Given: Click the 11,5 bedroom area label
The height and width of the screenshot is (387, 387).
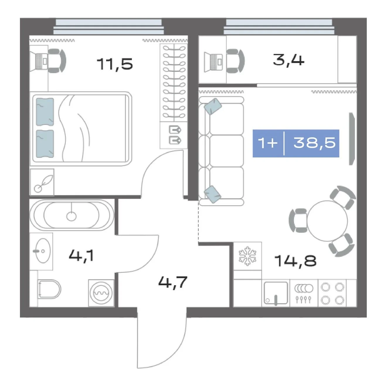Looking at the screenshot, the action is pyautogui.click(x=115, y=64).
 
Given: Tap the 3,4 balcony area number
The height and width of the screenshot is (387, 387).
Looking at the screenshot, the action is pyautogui.click(x=288, y=60).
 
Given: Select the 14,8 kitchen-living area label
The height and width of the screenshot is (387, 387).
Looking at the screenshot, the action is pyautogui.click(x=296, y=261).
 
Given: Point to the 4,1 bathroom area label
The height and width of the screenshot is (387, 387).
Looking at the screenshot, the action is pyautogui.click(x=81, y=256).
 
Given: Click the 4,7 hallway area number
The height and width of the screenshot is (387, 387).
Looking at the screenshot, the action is pyautogui.click(x=173, y=282).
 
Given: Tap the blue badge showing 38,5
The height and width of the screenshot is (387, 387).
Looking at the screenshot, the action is pyautogui.click(x=296, y=143).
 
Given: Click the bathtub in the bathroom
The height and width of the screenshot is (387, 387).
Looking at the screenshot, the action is pyautogui.click(x=72, y=215).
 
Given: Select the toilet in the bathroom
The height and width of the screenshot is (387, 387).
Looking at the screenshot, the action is pyautogui.click(x=50, y=289).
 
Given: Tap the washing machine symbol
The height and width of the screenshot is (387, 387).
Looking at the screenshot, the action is pyautogui.click(x=101, y=293).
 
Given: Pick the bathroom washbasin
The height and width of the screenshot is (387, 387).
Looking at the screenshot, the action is pyautogui.click(x=43, y=251).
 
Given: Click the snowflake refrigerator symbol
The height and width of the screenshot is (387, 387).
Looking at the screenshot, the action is pyautogui.click(x=247, y=256).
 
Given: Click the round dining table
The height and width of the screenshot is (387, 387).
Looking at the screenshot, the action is pyautogui.click(x=327, y=221).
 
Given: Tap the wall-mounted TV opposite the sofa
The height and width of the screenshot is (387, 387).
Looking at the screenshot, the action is pyautogui.click(x=352, y=139).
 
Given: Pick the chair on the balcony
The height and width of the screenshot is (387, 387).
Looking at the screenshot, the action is pyautogui.click(x=235, y=61).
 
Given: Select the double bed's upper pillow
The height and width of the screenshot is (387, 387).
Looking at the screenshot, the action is pyautogui.click(x=45, y=112).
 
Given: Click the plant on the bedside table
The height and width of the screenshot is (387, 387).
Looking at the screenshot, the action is pyautogui.click(x=43, y=183).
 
